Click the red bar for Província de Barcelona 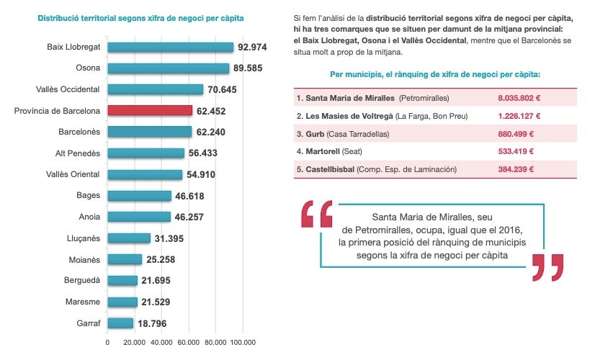tap(150, 111)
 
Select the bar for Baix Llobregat tap(170, 47)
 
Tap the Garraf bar tap(120, 323)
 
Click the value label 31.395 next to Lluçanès tap(171, 238)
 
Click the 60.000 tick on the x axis tap(189, 342)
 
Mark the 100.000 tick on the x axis tap(243, 342)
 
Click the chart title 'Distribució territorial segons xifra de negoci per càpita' tap(140, 17)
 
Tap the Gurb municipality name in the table tap(314, 133)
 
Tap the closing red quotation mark tap(547, 266)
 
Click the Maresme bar tap(122, 302)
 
